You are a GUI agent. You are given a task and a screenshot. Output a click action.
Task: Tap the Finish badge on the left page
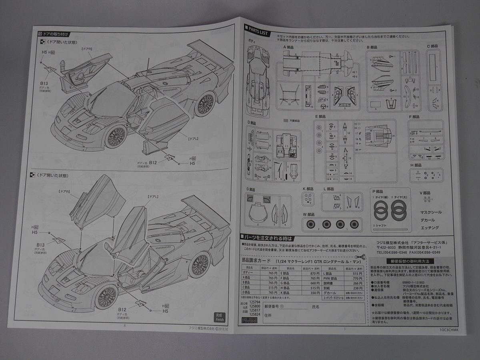[220, 317]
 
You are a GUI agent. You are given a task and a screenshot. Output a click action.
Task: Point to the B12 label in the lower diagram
[122, 309]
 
